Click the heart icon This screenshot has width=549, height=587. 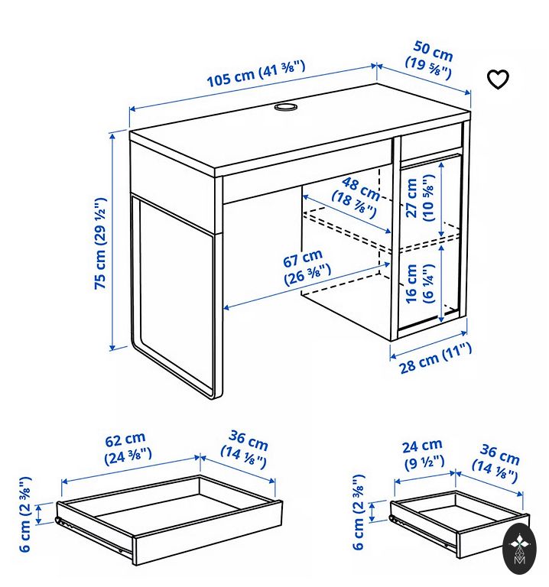pos(498,79)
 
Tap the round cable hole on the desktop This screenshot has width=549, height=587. pos(286,107)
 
